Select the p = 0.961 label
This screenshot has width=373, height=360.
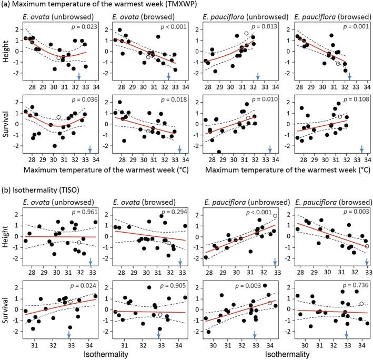(x=83, y=203)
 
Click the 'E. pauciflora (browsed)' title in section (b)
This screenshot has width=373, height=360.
(x=331, y=193)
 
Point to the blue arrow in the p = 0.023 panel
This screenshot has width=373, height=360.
(x=79, y=77)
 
